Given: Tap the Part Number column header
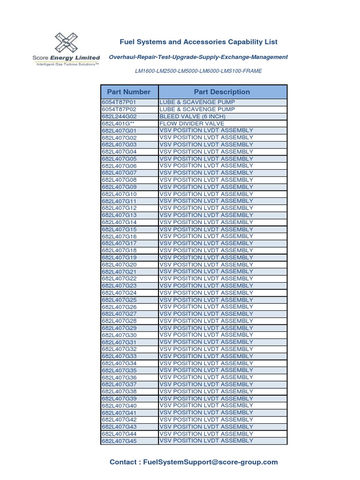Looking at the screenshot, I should pyautogui.click(x=129, y=92).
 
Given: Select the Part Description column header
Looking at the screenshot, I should pyautogui.click(x=222, y=92).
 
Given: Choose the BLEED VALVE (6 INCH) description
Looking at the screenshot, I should pyautogui.click(x=193, y=116).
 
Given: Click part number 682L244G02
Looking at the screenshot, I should pyautogui.click(x=118, y=116).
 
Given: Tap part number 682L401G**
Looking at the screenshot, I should pyautogui.click(x=118, y=123).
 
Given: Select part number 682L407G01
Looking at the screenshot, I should pyautogui.click(x=119, y=131).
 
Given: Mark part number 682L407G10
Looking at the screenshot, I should pyautogui.click(x=119, y=194).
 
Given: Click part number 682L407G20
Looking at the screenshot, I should pyautogui.click(x=119, y=265).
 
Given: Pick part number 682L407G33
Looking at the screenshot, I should pyautogui.click(x=119, y=356).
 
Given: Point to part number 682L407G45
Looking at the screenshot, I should pyautogui.click(x=119, y=441).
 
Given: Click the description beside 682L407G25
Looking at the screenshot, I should pyautogui.click(x=206, y=300).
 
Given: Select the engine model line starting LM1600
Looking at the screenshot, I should pyautogui.click(x=198, y=71).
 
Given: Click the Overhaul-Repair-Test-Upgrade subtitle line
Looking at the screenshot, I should pyautogui.click(x=198, y=57).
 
